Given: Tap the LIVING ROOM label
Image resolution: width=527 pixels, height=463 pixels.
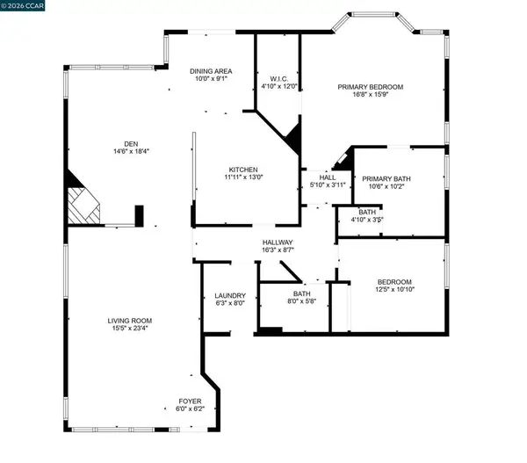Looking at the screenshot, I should [x=131, y=320].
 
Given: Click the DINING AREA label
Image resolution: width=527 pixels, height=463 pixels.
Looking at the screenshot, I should [x=211, y=70].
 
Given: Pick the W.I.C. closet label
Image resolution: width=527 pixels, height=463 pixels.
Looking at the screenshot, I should [x=278, y=78].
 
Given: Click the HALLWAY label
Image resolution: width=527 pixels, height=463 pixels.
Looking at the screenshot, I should [x=278, y=242].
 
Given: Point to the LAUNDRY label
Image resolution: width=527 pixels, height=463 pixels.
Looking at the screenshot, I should [x=230, y=296].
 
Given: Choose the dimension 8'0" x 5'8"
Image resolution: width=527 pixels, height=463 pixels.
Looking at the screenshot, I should [x=302, y=303].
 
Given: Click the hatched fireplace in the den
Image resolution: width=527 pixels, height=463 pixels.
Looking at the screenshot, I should [x=84, y=207].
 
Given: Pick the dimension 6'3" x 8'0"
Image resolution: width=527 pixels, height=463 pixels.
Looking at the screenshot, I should [x=230, y=304].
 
